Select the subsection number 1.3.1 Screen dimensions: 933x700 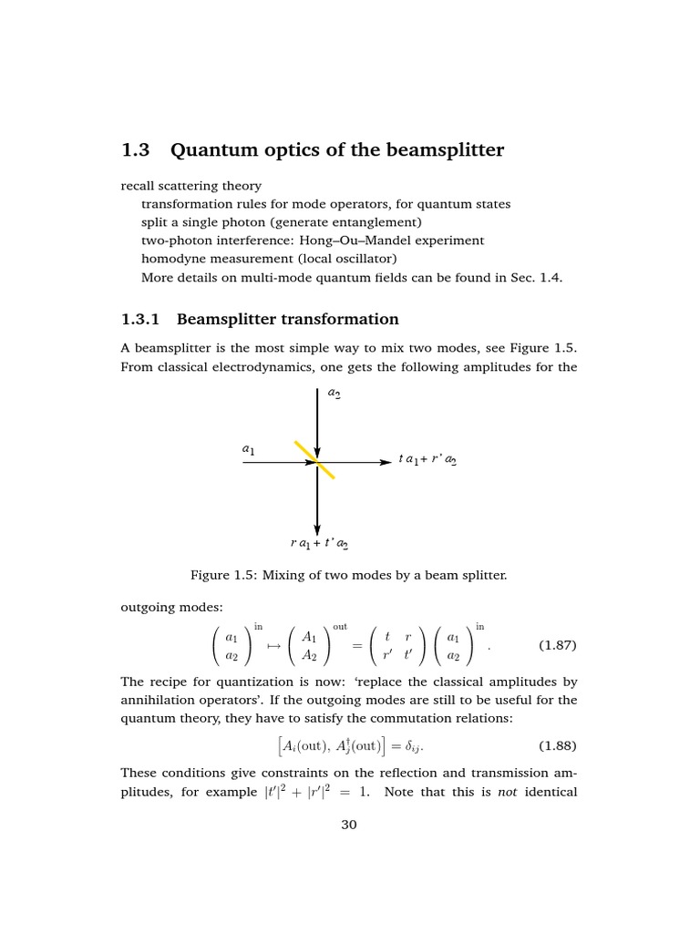click(140, 319)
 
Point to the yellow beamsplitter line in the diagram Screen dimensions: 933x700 click(314, 459)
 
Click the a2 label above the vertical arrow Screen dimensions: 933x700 click(335, 394)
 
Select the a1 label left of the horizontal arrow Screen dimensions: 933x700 click(248, 449)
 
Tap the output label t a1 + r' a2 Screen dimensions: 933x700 click(427, 461)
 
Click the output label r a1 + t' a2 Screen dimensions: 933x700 click(319, 544)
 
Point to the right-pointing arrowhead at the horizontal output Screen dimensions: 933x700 click(386, 463)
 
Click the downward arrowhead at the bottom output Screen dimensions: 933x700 click(316, 528)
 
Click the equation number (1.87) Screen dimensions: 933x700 click(557, 646)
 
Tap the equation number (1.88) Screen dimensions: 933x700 click(557, 746)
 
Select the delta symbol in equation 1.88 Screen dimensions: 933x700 click(409, 747)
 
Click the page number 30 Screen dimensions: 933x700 click(349, 825)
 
